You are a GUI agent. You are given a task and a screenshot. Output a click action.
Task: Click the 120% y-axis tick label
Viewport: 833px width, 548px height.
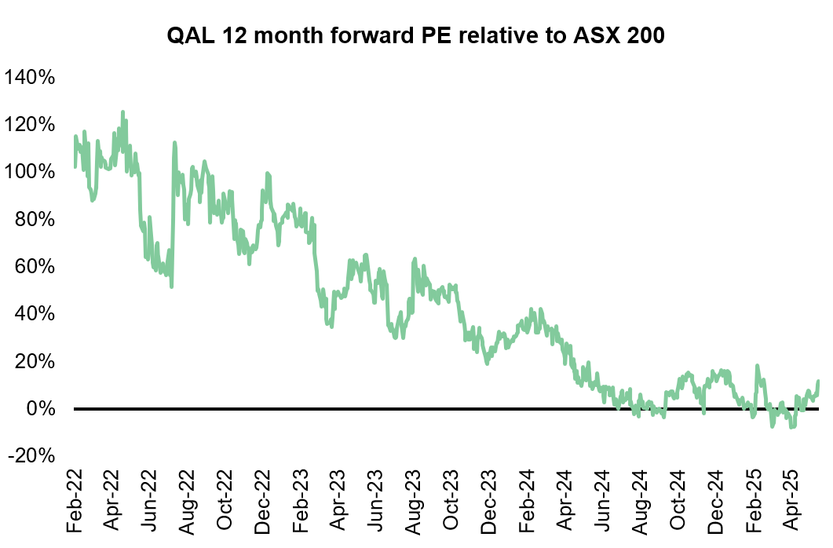tap(30, 125)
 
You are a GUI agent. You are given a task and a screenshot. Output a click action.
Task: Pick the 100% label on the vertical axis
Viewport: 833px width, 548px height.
tap(30, 172)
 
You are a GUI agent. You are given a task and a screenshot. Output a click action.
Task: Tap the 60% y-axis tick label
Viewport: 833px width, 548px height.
tap(34, 267)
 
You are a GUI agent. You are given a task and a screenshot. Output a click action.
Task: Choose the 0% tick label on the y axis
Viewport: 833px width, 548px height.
tap(38, 409)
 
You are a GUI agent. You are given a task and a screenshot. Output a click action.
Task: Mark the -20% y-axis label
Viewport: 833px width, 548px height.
tap(31, 456)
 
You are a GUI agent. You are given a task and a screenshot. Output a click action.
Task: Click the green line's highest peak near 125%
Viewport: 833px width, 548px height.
tap(122, 112)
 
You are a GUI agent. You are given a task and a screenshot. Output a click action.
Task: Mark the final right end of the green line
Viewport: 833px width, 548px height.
tap(818, 382)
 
